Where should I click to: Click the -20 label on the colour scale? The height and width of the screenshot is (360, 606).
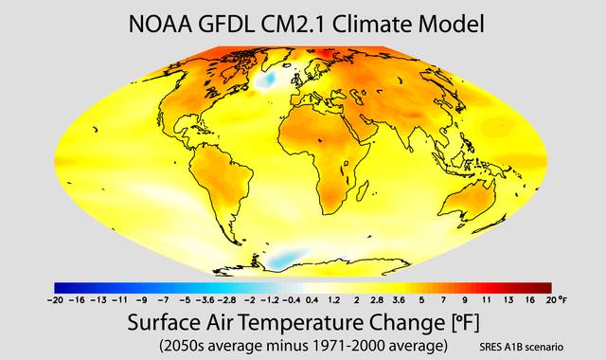coord(54,298)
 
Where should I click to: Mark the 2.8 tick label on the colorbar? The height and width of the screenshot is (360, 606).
coord(377,298)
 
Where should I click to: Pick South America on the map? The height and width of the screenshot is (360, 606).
coord(221,189)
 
